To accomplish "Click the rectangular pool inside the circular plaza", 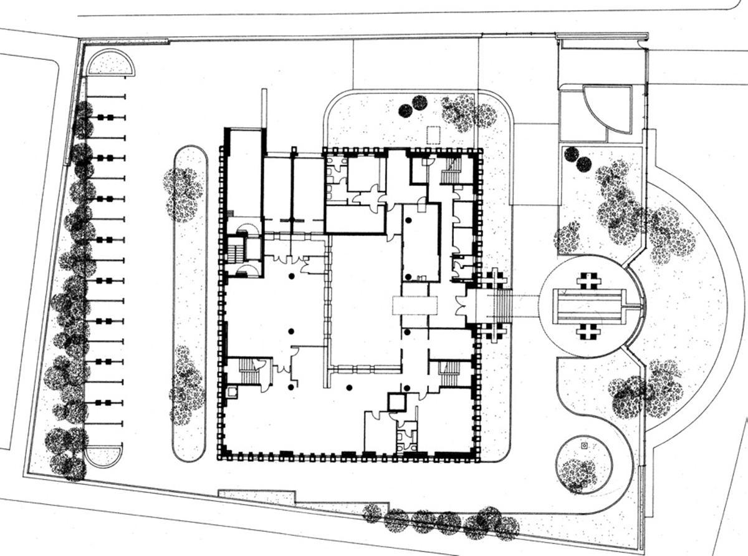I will click(589, 306).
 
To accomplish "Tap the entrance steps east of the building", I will click(501, 306).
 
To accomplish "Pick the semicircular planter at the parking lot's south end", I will click(103, 455).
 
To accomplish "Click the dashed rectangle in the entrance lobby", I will click(415, 305).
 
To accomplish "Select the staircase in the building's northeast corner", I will click(451, 170).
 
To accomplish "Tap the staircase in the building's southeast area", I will click(449, 373).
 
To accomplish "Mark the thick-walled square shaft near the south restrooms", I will click(396, 401).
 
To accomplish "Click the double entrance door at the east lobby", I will click(461, 306).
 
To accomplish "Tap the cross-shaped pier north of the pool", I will click(588, 280).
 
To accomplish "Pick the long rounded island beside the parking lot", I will click(189, 303).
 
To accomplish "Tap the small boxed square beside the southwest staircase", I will click(232, 392).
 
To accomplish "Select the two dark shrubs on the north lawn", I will click(413, 107).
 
